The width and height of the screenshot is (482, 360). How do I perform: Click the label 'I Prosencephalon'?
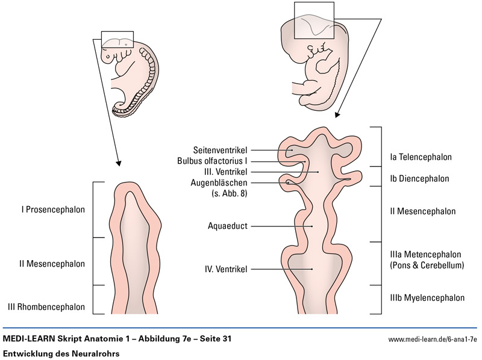[53, 210]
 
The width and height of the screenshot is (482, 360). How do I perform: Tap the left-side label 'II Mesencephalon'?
[53, 264]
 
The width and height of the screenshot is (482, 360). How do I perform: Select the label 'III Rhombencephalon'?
[46, 307]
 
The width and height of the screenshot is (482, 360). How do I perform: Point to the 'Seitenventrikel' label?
[220, 149]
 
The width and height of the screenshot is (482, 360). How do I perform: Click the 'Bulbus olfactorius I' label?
[212, 161]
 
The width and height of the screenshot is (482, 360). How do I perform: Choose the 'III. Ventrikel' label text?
[224, 172]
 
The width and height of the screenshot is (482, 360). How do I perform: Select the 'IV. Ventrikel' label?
[227, 269]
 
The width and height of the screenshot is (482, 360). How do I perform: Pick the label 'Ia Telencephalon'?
[421, 157]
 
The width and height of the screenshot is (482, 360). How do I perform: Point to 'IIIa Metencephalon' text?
[425, 254]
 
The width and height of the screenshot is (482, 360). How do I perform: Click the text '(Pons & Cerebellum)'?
[427, 265]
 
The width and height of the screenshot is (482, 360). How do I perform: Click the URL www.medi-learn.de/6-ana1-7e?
[432, 340]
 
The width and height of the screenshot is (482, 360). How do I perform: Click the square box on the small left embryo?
[117, 39]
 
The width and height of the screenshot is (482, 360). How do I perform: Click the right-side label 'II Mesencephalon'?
[422, 211]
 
